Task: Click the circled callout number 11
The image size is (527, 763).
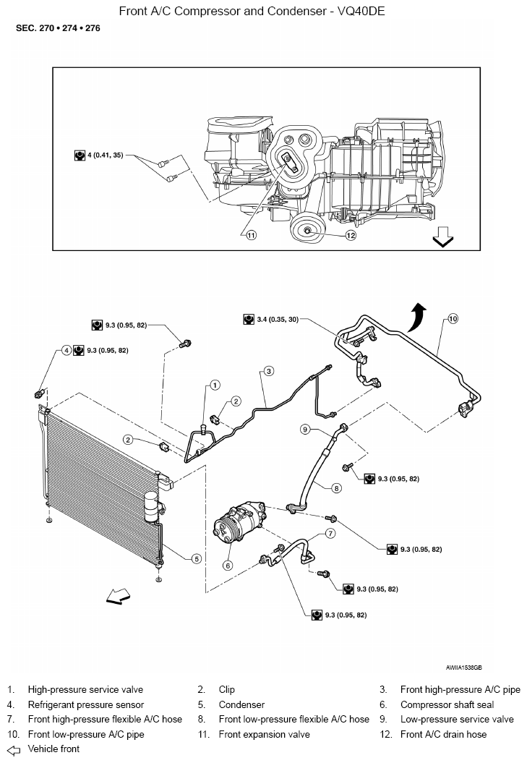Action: (x=251, y=236)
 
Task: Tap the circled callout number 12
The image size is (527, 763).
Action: (x=351, y=236)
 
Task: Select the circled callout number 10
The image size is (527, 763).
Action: (x=453, y=319)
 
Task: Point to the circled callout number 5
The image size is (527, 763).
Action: (x=197, y=558)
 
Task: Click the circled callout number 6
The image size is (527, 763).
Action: (x=228, y=566)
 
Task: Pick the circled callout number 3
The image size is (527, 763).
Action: (x=269, y=371)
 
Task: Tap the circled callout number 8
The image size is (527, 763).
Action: (x=336, y=488)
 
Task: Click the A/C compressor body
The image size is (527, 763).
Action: (x=239, y=526)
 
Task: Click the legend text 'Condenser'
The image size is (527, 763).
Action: (x=241, y=704)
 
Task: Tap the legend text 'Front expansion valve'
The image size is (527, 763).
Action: (x=265, y=734)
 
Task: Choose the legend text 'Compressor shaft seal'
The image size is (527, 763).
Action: (x=447, y=704)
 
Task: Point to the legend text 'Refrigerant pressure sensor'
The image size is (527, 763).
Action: (x=85, y=704)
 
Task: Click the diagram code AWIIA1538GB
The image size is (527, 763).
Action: (x=463, y=668)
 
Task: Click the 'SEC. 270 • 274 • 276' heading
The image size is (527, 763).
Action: (x=58, y=28)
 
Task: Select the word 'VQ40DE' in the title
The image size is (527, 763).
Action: (x=361, y=11)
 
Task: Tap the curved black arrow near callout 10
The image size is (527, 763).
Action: (x=418, y=316)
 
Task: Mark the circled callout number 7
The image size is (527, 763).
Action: (x=330, y=533)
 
